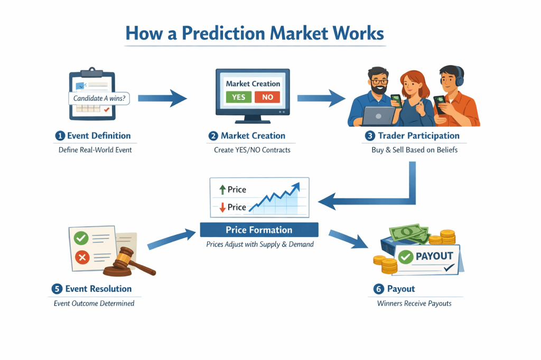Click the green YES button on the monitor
(238, 97)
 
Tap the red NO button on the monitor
(267, 97)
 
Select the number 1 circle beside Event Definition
(60, 136)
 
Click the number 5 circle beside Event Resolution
(57, 289)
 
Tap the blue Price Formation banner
(259, 230)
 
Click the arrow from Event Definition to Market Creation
(162, 98)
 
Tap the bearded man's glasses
(380, 82)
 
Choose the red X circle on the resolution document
(82, 258)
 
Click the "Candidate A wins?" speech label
(98, 98)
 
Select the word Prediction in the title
(222, 33)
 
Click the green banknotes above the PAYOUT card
(408, 234)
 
